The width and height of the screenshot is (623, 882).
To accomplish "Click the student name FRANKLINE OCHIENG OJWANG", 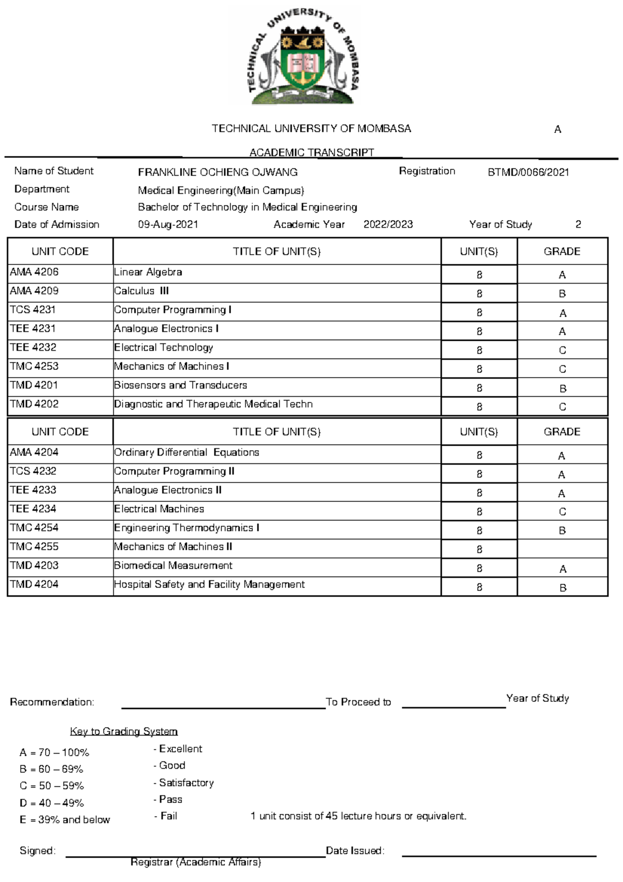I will [218, 172].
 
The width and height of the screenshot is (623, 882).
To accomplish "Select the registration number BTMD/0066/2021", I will [528, 172].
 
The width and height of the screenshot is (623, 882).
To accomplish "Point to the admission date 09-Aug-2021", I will [168, 224].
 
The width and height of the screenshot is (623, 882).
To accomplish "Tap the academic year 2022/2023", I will [388, 224].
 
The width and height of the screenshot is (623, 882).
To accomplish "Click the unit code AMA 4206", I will [34, 272].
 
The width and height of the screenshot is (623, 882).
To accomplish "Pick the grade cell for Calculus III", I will [562, 293].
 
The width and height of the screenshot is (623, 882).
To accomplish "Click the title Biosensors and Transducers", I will [181, 385].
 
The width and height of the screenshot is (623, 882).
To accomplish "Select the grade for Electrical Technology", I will [562, 350].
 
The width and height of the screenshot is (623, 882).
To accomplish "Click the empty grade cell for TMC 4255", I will [562, 549].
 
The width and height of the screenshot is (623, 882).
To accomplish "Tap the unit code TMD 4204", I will [34, 584].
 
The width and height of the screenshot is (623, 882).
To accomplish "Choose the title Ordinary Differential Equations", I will [186, 452].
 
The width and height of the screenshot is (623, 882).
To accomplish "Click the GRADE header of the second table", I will [562, 432].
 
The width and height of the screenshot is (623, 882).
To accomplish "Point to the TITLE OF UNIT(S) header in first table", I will [276, 251].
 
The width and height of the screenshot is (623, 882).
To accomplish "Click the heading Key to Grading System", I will [124, 731].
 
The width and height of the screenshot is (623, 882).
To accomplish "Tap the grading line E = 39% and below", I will [65, 820].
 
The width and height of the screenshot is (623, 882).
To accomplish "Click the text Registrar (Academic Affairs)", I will [196, 862].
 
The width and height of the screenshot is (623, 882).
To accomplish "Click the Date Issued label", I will [355, 851].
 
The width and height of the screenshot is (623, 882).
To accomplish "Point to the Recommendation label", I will [52, 702].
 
